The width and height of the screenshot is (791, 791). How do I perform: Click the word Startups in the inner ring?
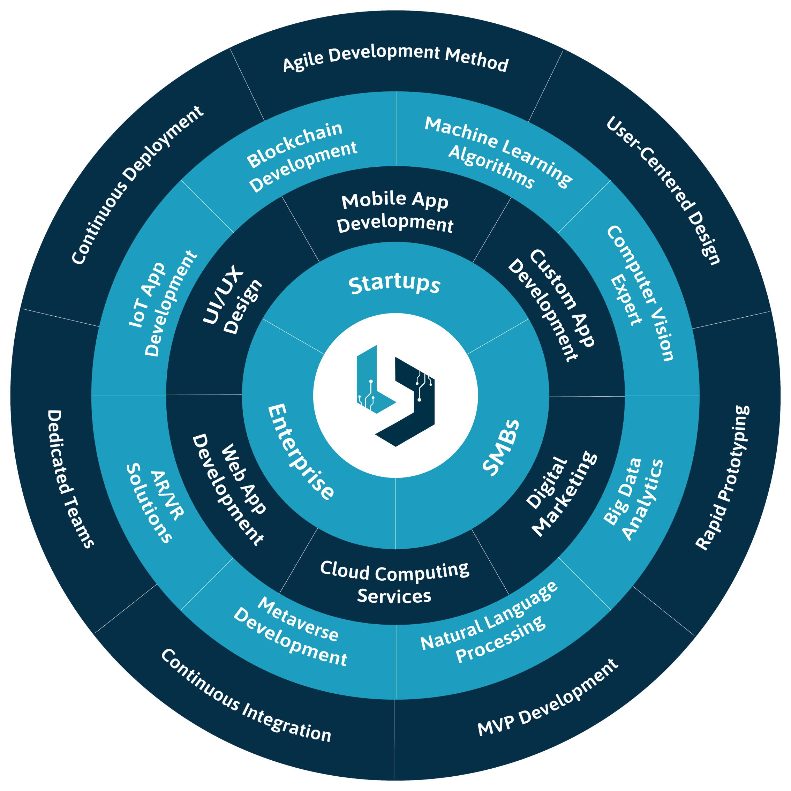point(394,284)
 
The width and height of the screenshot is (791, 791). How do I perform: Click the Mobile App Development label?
point(395,212)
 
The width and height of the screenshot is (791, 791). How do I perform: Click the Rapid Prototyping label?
point(723,477)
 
